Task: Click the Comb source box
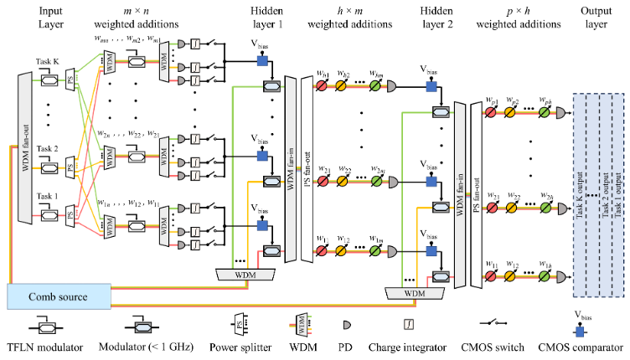tap(59, 296)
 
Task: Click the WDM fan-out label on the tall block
tap(25, 147)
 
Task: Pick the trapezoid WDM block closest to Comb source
tap(245, 275)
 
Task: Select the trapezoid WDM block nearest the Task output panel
tap(415, 293)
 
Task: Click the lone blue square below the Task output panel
tap(580, 332)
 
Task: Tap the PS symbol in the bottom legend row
tap(239, 324)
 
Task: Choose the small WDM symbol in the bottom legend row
tap(302, 324)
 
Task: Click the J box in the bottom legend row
tap(409, 324)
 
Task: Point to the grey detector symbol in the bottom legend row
tap(347, 325)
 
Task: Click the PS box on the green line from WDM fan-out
tap(70, 81)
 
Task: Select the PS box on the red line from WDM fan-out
tap(70, 217)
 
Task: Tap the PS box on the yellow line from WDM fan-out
tap(70, 167)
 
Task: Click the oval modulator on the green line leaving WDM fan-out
tap(49, 80)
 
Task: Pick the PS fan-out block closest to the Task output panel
tap(477, 195)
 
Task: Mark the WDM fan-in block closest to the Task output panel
tap(459, 195)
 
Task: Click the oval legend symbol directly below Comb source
tap(47, 328)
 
